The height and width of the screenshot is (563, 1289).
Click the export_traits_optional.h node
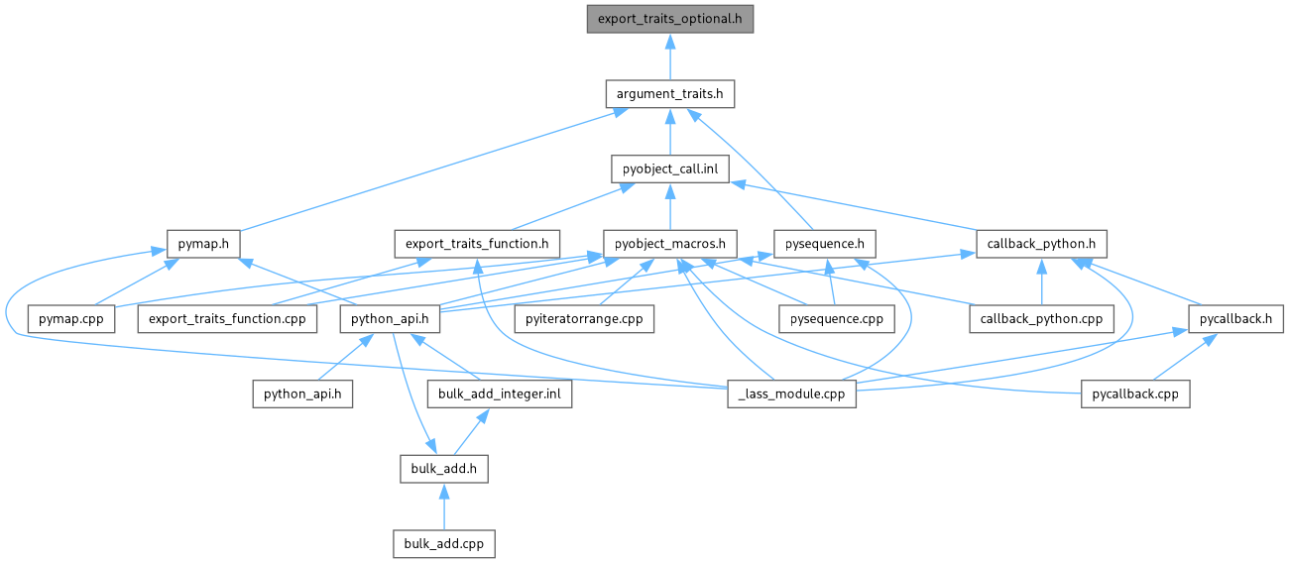coord(669,19)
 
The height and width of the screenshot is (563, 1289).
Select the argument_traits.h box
coord(669,94)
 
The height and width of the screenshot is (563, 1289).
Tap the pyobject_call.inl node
coord(669,169)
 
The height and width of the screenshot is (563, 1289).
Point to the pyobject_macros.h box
coord(669,243)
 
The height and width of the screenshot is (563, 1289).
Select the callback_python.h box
coord(1041,243)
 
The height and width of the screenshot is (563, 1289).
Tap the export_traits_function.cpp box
coord(227,318)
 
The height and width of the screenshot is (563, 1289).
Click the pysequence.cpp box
coord(830,318)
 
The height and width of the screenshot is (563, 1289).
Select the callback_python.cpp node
coord(1041,318)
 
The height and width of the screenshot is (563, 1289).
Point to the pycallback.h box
coord(1236,318)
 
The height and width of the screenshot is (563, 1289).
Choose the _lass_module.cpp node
coord(790,394)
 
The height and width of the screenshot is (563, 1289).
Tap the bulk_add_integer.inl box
coord(500,394)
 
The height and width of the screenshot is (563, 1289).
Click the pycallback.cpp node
coord(1134,394)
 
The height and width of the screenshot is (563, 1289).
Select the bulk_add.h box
coord(443,468)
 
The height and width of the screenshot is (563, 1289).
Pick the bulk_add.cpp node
coord(443,543)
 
